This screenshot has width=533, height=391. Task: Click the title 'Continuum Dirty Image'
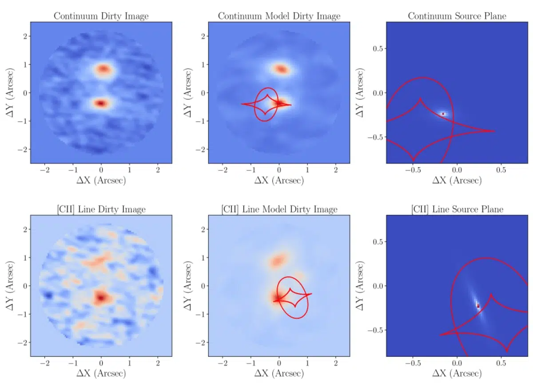101,16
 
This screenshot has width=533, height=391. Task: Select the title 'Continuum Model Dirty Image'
279,16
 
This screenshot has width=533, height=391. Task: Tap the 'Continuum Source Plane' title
457,16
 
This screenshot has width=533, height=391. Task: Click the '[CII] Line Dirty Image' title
101,209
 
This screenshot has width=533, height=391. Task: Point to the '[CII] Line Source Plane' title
457,209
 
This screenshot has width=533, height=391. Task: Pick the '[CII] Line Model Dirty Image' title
279,209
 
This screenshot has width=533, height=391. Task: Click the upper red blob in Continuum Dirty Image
103,69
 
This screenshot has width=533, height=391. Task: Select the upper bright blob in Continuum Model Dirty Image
281,69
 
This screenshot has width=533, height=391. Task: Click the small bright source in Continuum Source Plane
443,114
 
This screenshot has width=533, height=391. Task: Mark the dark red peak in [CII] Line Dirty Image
101,297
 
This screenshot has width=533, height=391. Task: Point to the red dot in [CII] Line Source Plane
478,306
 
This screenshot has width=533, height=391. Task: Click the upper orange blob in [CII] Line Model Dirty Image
278,260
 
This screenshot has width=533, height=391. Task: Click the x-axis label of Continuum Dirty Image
101,181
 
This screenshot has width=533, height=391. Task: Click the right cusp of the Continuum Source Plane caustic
494,131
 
